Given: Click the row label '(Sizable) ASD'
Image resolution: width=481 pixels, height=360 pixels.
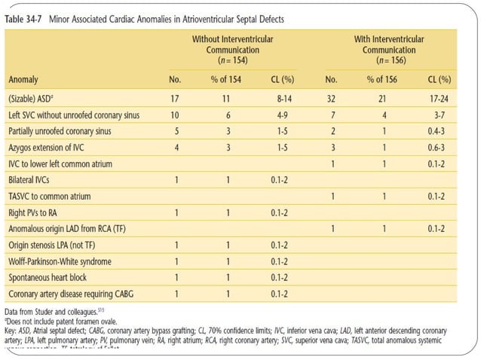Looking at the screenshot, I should [34, 98].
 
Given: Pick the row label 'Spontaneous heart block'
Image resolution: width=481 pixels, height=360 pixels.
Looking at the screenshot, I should [52, 278].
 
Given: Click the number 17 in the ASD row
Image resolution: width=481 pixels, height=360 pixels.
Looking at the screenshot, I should [175, 98].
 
